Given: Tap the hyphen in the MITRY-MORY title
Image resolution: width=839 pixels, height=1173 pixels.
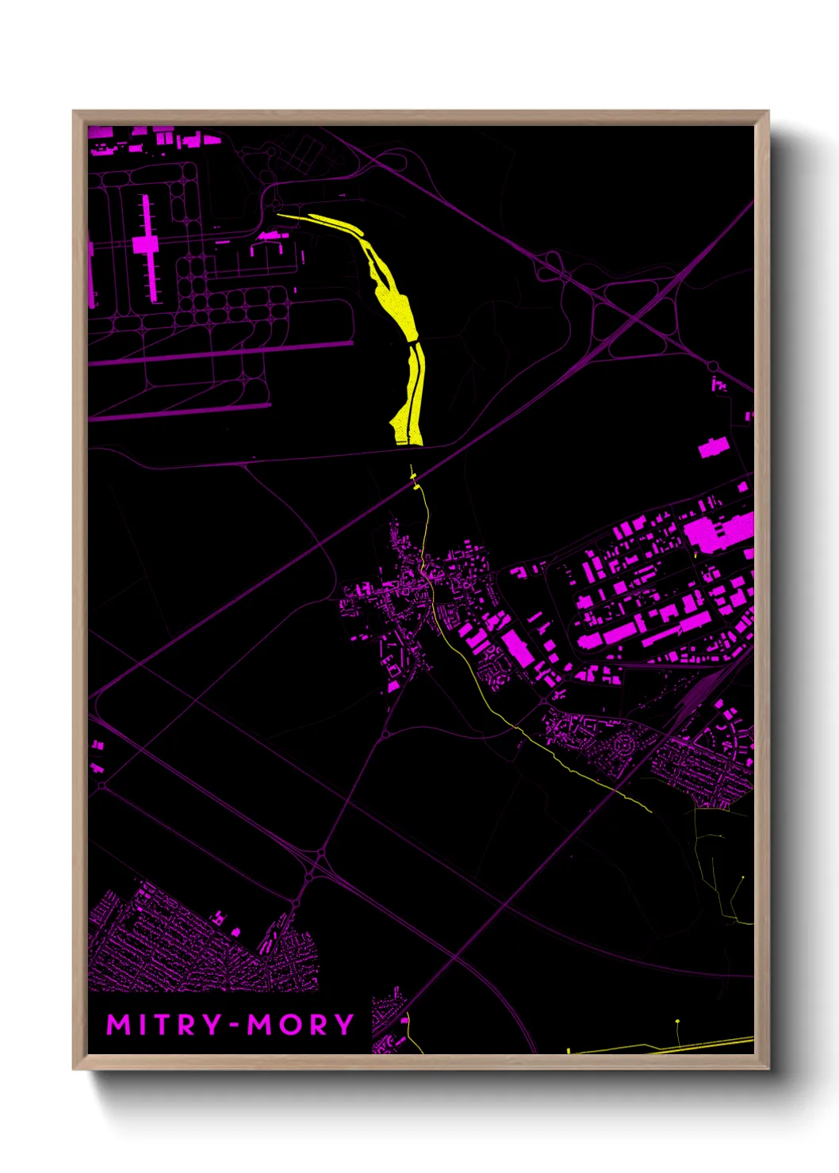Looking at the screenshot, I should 235,1026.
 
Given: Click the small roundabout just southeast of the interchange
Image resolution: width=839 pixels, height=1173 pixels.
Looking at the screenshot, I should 712,366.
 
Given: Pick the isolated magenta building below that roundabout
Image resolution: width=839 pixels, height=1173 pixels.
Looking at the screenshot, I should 718,385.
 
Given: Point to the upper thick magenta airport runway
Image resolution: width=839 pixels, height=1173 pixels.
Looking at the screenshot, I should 222,352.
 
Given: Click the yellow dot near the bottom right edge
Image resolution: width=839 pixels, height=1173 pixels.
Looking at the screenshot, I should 677,1022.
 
